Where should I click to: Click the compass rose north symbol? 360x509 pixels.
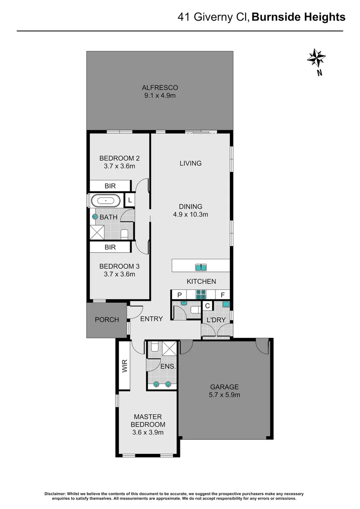click(x=316, y=58)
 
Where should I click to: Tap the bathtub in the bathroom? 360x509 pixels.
click(x=106, y=200)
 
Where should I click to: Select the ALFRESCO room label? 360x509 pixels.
click(x=160, y=88)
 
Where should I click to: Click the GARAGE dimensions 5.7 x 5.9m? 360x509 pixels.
click(x=225, y=395)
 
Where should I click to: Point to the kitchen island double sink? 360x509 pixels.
click(x=201, y=268)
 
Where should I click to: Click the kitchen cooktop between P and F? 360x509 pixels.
click(x=201, y=295)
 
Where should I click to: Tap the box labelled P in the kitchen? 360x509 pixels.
click(x=180, y=295)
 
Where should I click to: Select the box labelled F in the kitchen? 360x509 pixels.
click(x=222, y=295)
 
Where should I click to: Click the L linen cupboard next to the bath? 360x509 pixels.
click(x=130, y=200)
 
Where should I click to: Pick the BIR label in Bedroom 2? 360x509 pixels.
click(x=110, y=186)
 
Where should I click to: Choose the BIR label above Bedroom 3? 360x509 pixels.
click(x=110, y=247)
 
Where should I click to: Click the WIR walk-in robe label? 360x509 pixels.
click(x=124, y=367)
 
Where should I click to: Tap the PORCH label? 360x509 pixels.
click(x=106, y=320)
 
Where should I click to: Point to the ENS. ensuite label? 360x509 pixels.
click(x=168, y=366)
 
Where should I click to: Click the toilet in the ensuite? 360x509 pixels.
click(x=154, y=349)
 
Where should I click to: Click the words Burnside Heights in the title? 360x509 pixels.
click(x=298, y=17)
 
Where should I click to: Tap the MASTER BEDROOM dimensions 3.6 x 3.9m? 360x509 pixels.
click(x=147, y=432)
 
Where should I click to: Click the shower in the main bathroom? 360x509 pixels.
click(x=98, y=232)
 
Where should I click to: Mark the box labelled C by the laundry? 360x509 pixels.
click(x=207, y=305)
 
